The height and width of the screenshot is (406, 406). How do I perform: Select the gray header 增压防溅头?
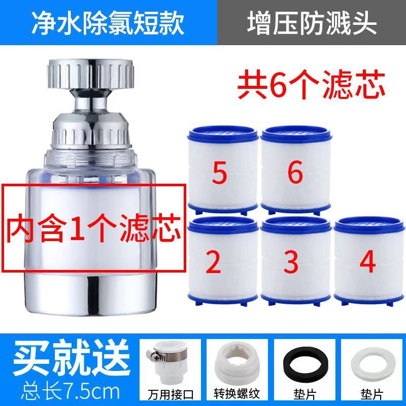click(312, 23)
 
